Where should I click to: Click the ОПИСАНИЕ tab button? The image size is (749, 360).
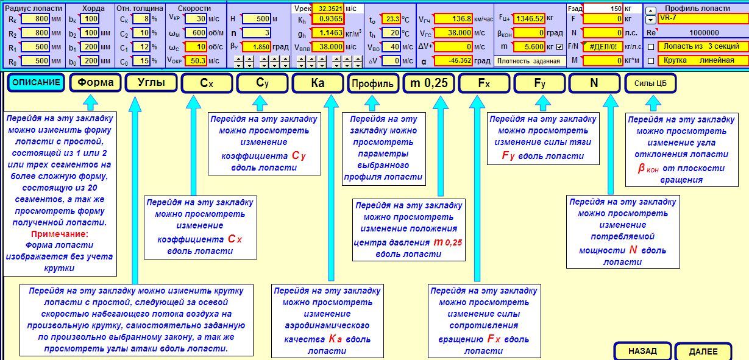[36, 83]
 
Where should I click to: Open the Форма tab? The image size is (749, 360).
[95, 83]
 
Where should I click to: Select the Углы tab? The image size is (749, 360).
[151, 83]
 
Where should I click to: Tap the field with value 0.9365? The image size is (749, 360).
[328, 19]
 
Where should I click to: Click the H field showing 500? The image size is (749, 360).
[256, 19]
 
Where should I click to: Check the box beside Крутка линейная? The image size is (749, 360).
[651, 60]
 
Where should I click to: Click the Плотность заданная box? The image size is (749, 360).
[528, 61]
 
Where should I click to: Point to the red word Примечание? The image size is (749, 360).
[60, 234]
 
